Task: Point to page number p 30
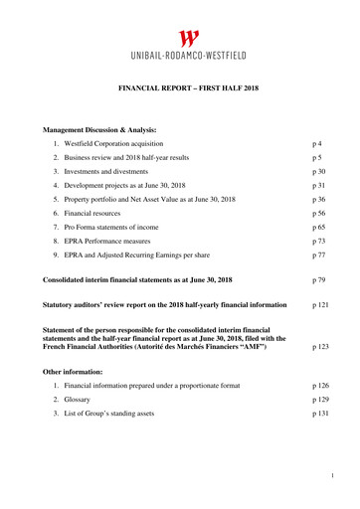(x=319, y=171)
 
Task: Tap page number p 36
(x=319, y=199)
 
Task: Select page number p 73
(x=319, y=241)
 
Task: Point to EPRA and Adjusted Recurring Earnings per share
(x=150, y=254)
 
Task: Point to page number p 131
(x=321, y=412)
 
